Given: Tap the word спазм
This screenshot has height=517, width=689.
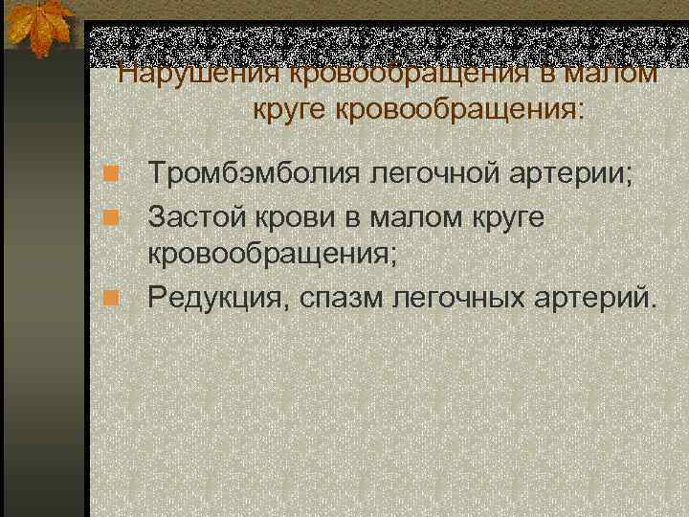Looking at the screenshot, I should pyautogui.click(x=336, y=300).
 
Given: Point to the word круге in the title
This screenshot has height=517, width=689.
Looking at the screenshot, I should pyautogui.click(x=291, y=108).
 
